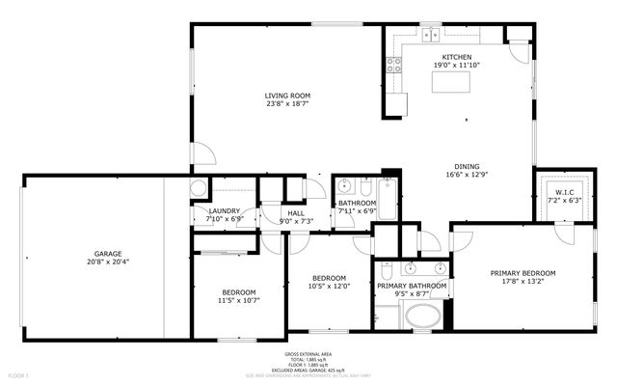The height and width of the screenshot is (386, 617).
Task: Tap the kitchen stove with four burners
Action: pyautogui.click(x=394, y=66)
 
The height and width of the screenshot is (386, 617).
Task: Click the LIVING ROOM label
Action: pyautogui.click(x=287, y=96)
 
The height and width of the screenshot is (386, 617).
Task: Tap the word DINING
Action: pyautogui.click(x=468, y=166)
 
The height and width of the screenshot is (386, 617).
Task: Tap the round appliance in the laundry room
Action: pyautogui.click(x=199, y=188)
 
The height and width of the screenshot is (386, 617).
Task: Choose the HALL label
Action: pyautogui.click(x=297, y=213)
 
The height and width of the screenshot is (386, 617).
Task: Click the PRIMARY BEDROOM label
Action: pyautogui.click(x=520, y=273)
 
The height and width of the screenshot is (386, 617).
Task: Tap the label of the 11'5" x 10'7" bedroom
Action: pyautogui.click(x=239, y=292)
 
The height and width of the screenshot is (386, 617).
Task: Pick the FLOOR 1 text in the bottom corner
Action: pyautogui.click(x=18, y=374)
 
